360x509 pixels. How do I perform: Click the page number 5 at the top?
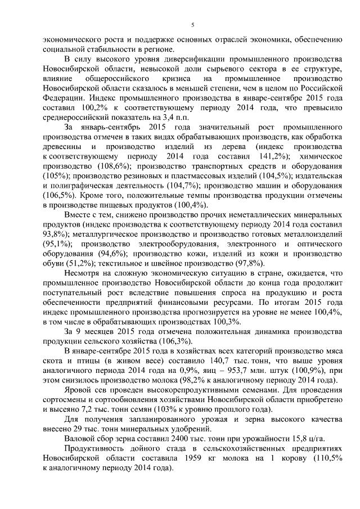click(192, 24)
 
